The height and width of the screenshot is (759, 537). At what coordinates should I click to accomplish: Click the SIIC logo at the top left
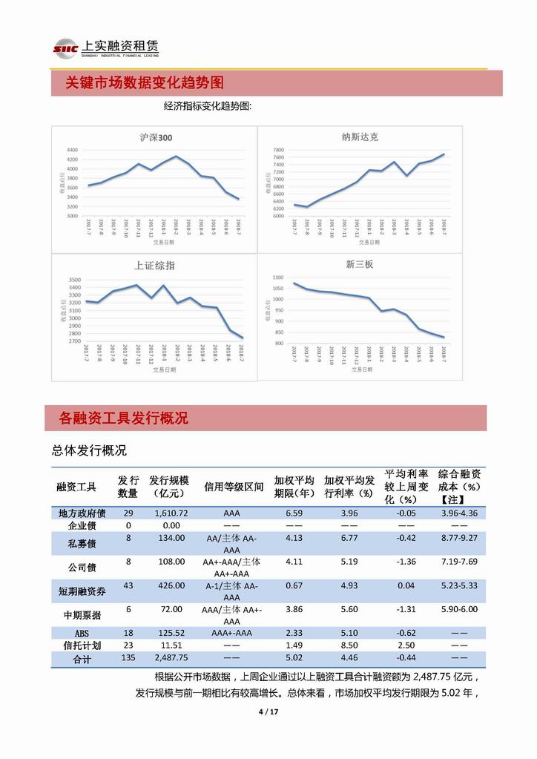click(65, 49)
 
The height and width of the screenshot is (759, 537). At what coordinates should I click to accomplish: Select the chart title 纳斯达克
click(360, 137)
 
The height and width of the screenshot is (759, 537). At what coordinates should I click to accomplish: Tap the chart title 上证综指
click(154, 266)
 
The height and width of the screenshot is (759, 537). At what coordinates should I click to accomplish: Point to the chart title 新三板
click(359, 266)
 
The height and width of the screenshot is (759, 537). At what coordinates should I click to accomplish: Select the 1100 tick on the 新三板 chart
click(277, 276)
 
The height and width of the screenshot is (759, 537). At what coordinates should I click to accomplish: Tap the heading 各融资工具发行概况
click(123, 418)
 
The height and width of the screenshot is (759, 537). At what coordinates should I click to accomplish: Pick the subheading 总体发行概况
click(89, 450)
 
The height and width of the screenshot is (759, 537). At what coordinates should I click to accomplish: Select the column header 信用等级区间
click(234, 487)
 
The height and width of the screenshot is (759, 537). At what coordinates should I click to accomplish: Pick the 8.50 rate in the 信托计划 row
click(349, 645)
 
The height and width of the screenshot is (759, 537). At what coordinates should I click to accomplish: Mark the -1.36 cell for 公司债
click(406, 562)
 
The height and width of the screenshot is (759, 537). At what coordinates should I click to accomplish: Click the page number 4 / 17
click(268, 713)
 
